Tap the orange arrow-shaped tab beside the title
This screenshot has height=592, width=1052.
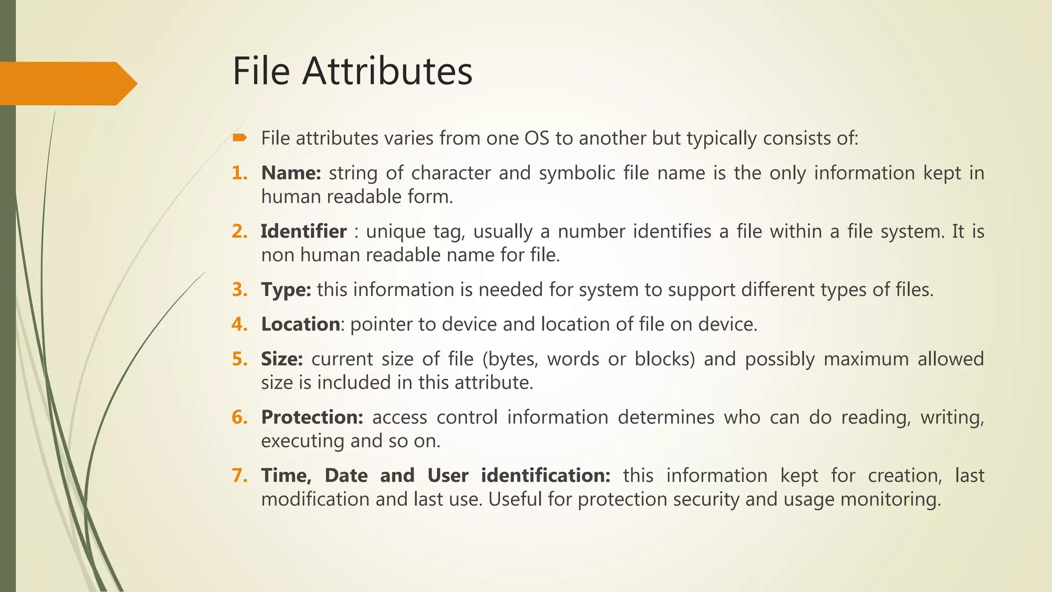point(67,83)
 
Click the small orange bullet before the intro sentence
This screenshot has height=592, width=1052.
point(240,137)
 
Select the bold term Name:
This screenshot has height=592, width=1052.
point(291,173)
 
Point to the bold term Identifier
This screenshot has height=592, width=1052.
point(304,232)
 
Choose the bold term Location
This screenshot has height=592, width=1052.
point(300,324)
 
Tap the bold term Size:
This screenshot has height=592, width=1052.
point(281,359)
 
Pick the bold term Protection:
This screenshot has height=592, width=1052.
point(312,417)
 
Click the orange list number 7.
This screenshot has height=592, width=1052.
point(239,475)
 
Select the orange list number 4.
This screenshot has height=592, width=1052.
point(239,324)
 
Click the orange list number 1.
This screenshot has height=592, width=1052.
point(239,173)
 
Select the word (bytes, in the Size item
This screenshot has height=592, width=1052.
point(510,359)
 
